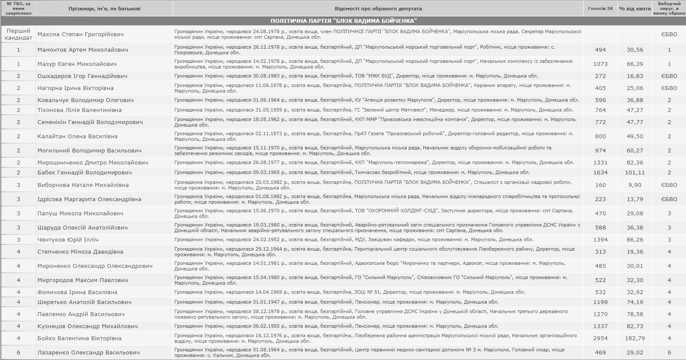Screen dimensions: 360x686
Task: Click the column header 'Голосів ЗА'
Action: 600,9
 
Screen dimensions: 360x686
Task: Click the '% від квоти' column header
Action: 635,9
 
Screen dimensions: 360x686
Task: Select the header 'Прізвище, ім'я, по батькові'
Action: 104,9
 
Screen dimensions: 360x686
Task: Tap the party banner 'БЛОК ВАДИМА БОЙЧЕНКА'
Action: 343,21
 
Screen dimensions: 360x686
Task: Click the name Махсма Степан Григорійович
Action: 81,34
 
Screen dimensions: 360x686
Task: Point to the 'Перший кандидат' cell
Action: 19,34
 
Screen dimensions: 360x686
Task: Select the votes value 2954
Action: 600,338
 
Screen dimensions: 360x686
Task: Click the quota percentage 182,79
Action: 635,338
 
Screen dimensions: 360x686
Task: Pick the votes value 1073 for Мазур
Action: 600,64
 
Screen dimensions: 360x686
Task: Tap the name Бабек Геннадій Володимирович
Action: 84,172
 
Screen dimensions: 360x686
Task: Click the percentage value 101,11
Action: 635,172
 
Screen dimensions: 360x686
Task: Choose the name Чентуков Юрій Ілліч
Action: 68,239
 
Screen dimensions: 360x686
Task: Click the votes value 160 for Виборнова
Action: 600,185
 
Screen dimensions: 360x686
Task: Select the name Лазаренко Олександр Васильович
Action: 88,352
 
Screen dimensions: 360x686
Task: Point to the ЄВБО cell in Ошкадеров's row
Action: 669,76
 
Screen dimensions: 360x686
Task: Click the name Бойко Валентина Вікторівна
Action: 79,338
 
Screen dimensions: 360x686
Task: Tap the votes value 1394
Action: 600,239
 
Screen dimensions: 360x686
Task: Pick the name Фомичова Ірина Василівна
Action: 77,292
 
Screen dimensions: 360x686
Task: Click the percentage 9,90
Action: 635,185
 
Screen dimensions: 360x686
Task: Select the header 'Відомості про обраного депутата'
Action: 378,9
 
